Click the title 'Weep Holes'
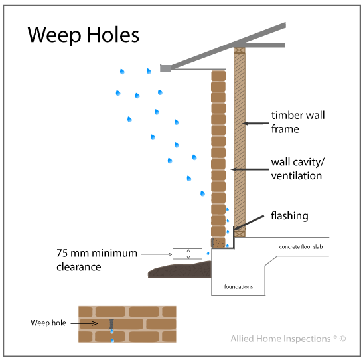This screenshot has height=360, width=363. pyautogui.click(x=83, y=35)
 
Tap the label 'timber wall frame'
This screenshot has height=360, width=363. pyautogui.click(x=298, y=122)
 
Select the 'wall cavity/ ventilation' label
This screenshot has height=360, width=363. pyautogui.click(x=297, y=169)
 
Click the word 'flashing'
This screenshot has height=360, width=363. pyautogui.click(x=289, y=216)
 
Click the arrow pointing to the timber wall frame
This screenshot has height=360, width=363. pyautogui.click(x=255, y=122)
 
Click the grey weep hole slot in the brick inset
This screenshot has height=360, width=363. pyautogui.click(x=111, y=325)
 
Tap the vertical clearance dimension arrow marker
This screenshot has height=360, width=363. pyautogui.click(x=188, y=254)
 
